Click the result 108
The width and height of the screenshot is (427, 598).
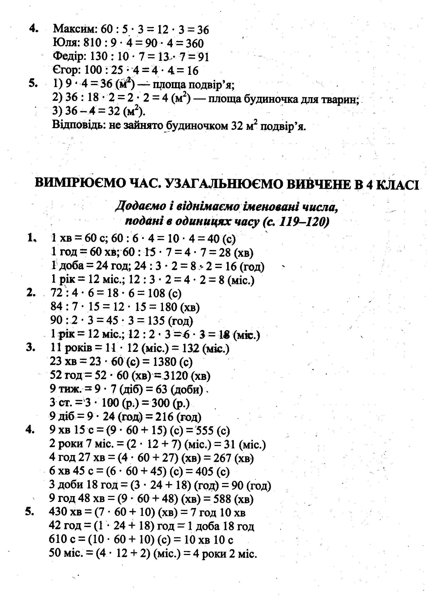tap(156, 293)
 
